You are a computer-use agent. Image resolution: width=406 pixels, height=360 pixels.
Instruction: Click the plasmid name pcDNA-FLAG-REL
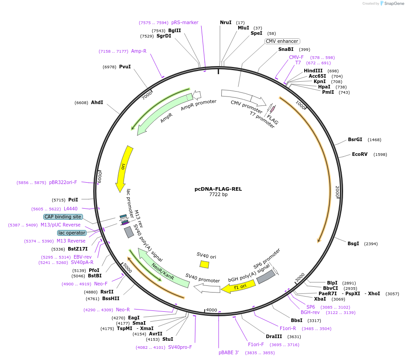pyautogui.click(x=218, y=189)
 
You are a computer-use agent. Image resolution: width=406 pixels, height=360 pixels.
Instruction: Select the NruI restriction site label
pyautogui.click(x=226, y=22)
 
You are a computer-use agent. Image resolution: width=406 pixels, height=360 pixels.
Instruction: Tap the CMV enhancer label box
pyautogui.click(x=282, y=41)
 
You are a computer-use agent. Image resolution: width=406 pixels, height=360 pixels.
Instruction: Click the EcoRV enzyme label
pyautogui.click(x=360, y=155)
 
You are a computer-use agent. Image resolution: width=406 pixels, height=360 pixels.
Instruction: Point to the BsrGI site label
pyautogui.click(x=355, y=140)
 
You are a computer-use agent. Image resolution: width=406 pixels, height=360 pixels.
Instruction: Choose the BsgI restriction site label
pyautogui.click(x=353, y=243)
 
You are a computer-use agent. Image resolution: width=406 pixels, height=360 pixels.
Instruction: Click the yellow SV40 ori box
pyautogui.click(x=204, y=264)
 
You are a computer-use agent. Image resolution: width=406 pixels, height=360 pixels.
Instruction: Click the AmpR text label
pyautogui.click(x=166, y=117)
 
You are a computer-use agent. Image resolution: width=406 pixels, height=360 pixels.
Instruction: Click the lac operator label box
pyautogui.click(x=72, y=233)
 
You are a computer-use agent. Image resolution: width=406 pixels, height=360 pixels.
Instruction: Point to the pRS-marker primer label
pyautogui.click(x=185, y=22)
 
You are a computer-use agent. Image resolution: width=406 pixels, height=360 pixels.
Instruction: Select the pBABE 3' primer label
pyautogui.click(x=228, y=353)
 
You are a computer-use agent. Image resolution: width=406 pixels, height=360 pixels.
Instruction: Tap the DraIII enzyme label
pyautogui.click(x=274, y=336)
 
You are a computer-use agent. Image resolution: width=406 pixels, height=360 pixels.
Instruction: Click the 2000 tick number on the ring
pyautogui.click(x=337, y=192)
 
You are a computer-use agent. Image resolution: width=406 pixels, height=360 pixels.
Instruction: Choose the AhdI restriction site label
pyautogui.click(x=97, y=102)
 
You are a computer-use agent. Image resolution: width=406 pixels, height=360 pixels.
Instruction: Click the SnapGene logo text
pyautogui.click(x=394, y=4)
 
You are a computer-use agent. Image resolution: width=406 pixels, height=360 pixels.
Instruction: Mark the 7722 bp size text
pyautogui.click(x=218, y=195)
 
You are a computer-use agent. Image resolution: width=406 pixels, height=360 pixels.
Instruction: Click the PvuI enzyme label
pyautogui.click(x=125, y=67)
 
